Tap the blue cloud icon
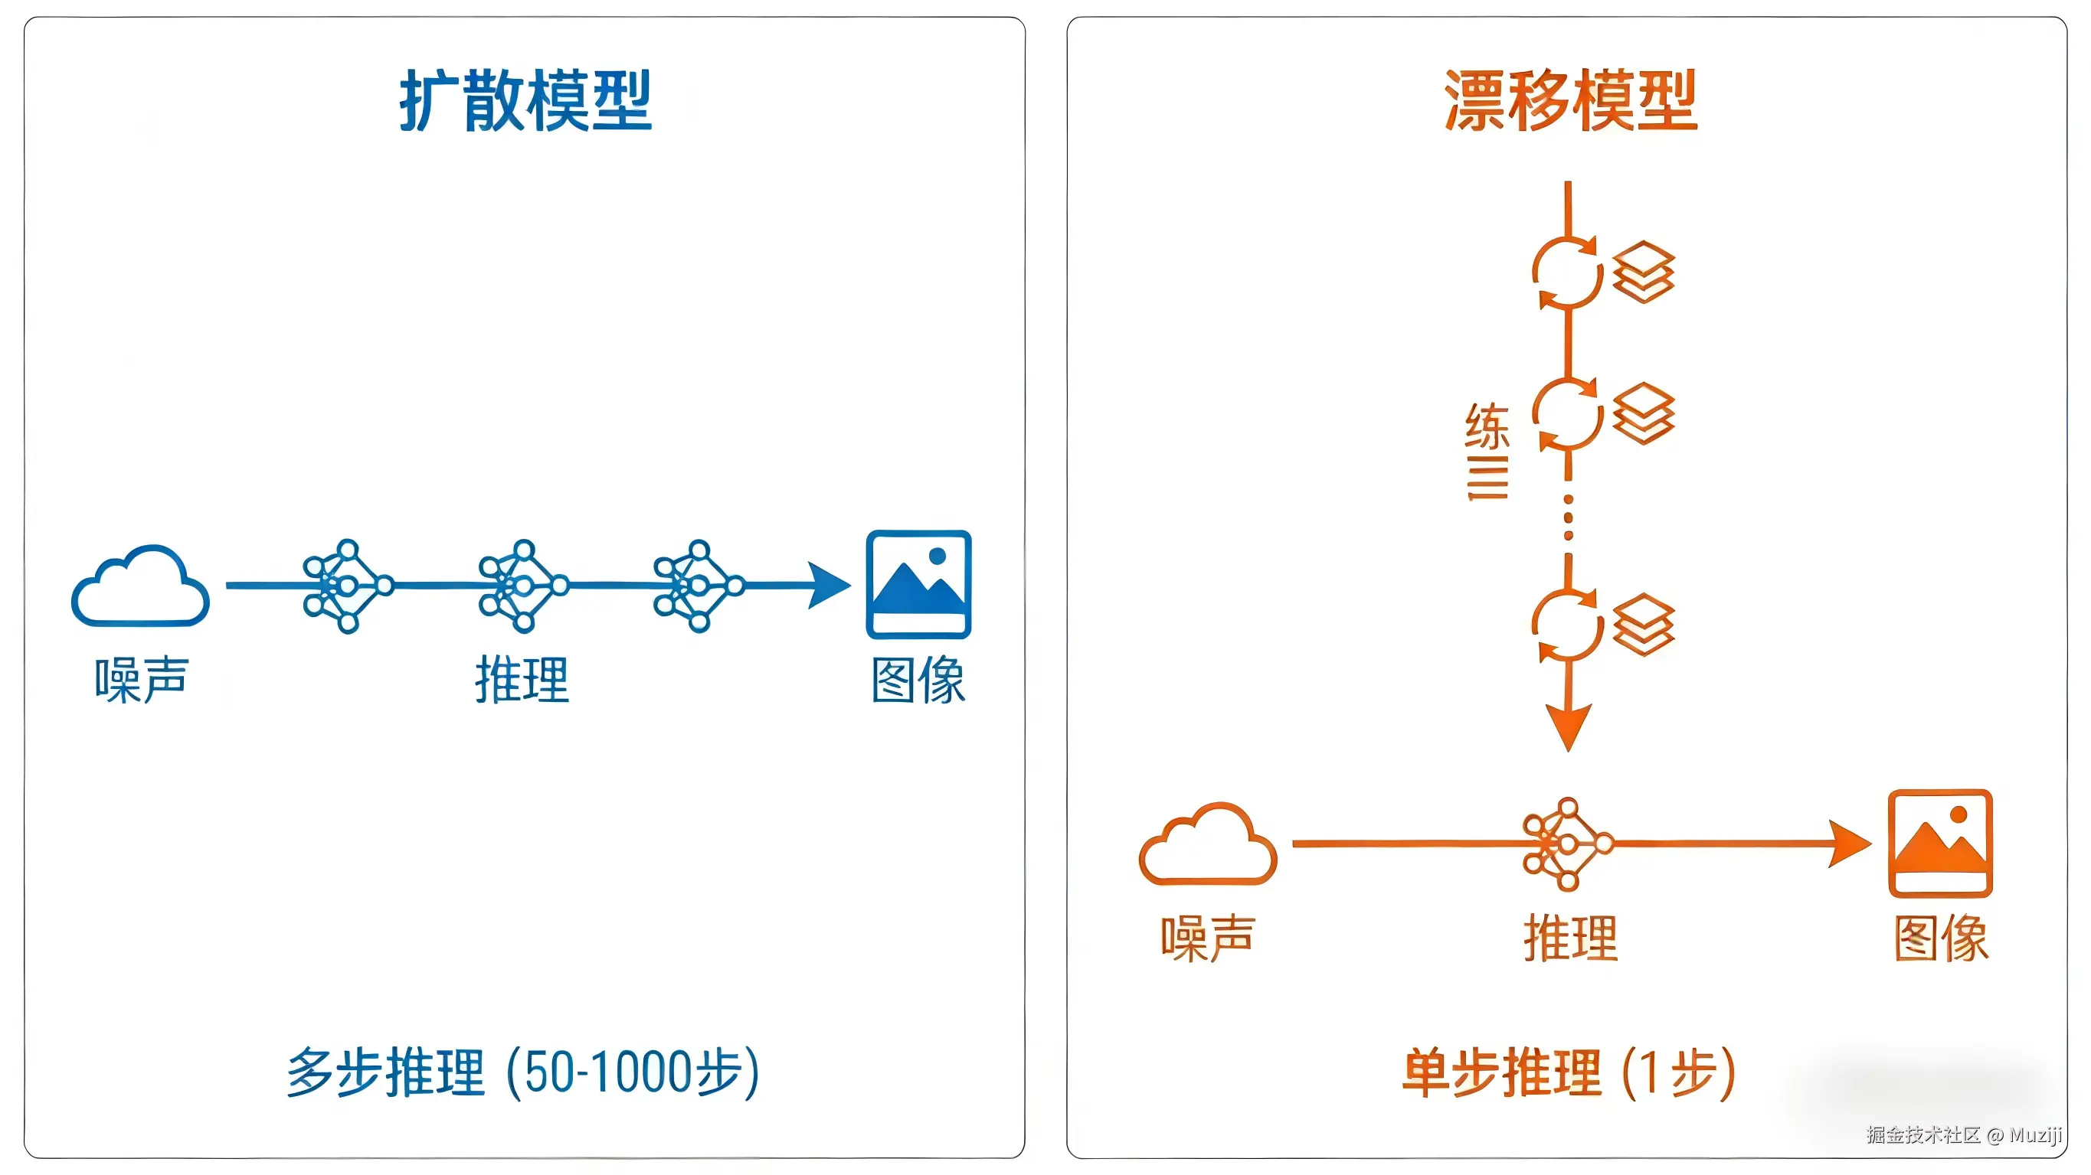point(140,586)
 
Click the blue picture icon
point(918,584)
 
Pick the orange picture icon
point(1940,843)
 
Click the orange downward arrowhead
point(1569,725)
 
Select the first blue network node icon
point(347,585)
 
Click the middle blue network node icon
point(522,585)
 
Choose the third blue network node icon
point(698,585)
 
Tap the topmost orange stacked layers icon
point(1643,272)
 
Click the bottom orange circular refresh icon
point(1567,625)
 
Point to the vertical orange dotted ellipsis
point(1569,517)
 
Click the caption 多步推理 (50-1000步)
point(524,1072)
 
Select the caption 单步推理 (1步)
point(1569,1072)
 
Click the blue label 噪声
point(141,680)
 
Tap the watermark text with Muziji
point(1964,1134)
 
